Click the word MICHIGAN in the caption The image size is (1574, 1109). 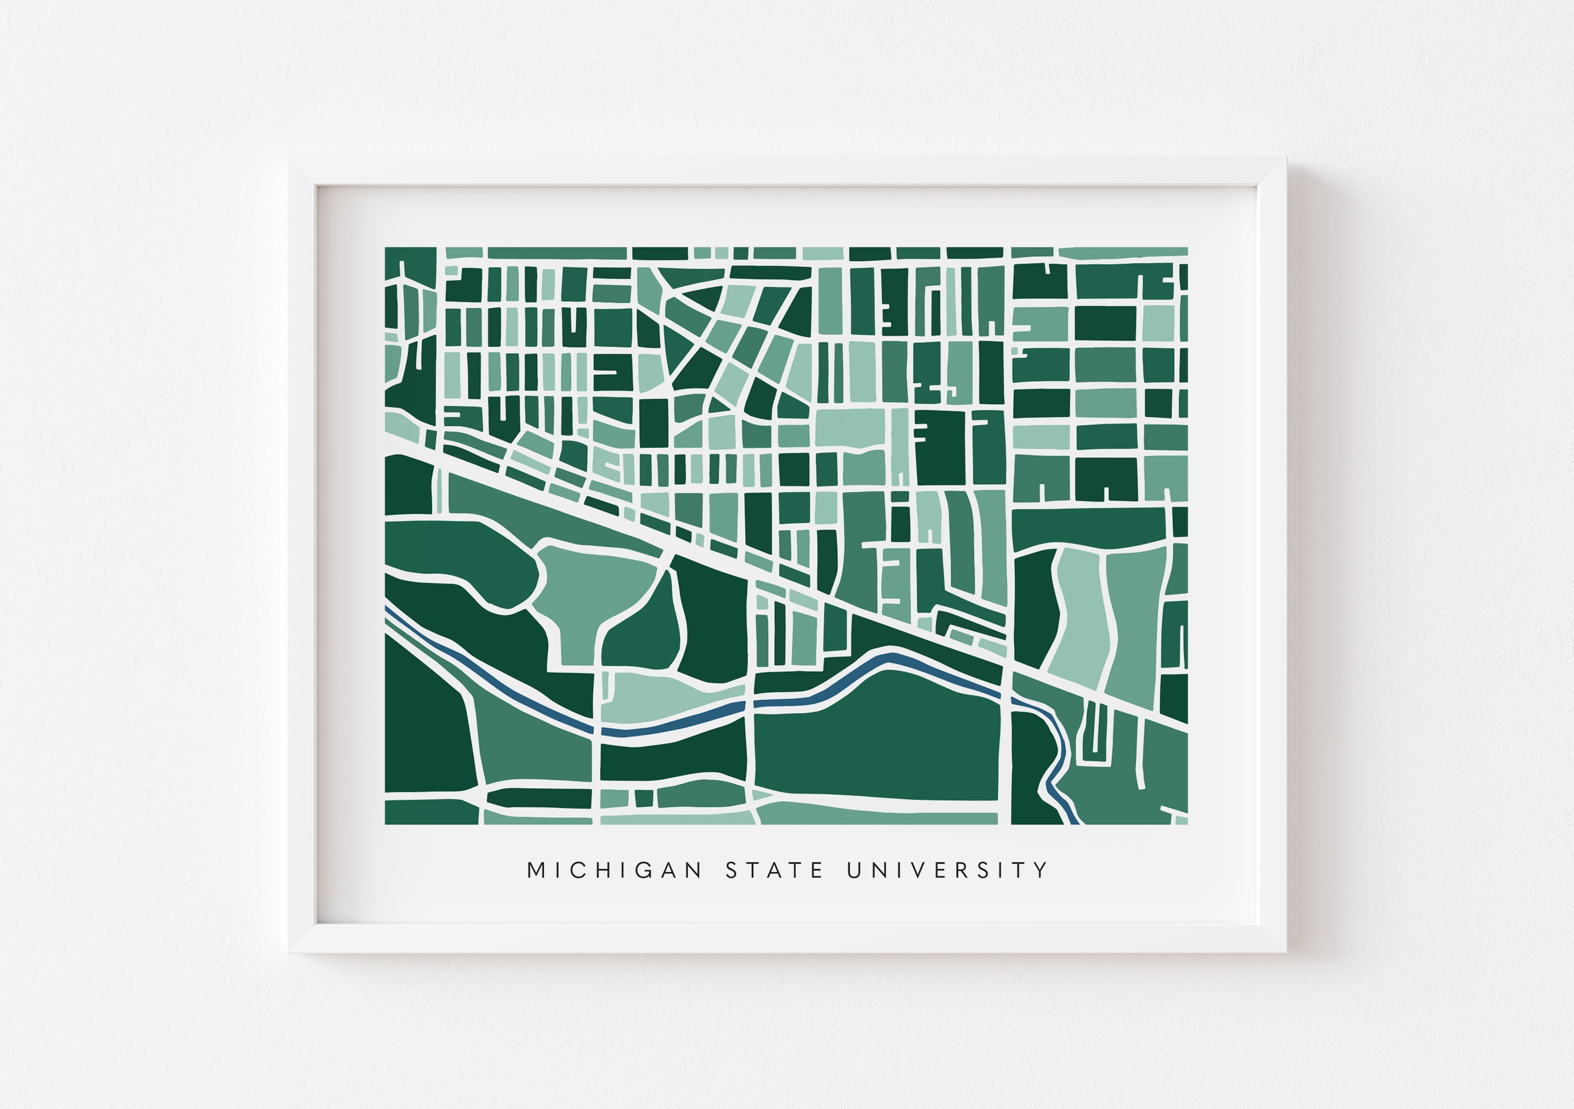(614, 870)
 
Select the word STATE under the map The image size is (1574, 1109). (775, 870)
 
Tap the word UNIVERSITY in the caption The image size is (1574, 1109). (947, 870)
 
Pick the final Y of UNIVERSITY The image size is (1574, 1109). (1042, 870)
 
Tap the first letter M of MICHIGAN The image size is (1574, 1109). (535, 870)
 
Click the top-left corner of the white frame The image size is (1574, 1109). (289, 159)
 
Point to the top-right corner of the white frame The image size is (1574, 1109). (1285, 159)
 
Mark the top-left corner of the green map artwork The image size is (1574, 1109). (385, 248)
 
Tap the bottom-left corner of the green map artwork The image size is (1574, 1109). (385, 823)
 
